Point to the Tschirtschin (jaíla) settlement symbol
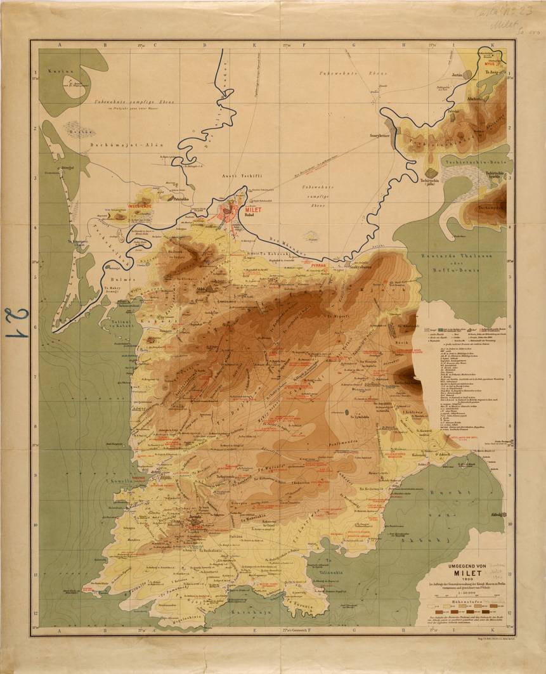click(x=431, y=172)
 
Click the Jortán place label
click(x=457, y=75)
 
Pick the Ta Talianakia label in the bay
click(x=325, y=572)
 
